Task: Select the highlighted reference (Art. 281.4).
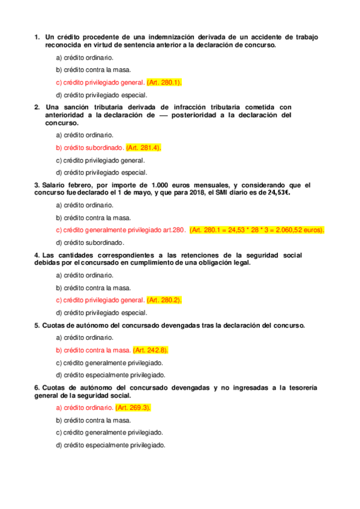click(x=144, y=148)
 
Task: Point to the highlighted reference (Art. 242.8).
click(x=151, y=350)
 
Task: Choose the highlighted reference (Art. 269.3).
click(x=133, y=408)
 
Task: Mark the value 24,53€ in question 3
click(x=277, y=193)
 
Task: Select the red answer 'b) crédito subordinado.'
click(x=89, y=148)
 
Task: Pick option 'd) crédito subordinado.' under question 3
click(x=90, y=242)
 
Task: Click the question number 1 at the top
click(x=37, y=37)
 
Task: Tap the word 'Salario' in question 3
click(x=53, y=185)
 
